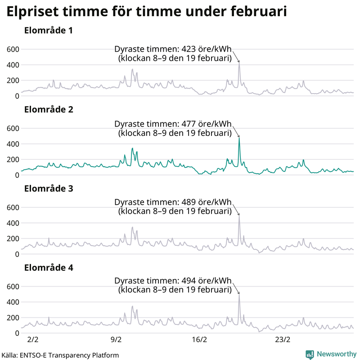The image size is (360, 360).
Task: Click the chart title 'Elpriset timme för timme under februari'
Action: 147,12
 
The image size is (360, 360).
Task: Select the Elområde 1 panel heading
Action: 49,31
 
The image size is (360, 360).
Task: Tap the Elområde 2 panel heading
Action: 49,110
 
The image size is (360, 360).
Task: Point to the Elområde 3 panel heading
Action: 49,189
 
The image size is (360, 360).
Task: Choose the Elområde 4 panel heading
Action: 49,268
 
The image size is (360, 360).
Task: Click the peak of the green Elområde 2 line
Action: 239,138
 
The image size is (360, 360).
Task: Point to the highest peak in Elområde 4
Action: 239,295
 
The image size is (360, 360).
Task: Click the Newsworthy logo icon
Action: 310,354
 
